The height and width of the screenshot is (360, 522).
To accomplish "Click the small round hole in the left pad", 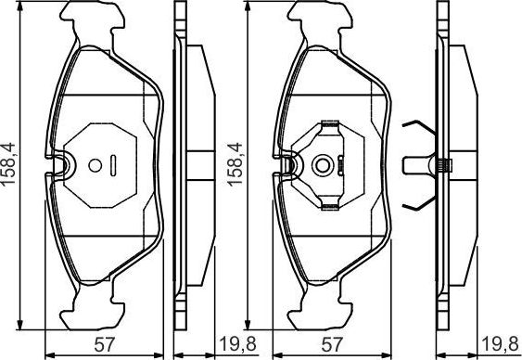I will tap(94, 167).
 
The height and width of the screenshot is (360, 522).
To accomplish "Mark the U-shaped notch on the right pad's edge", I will tap(288, 165).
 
